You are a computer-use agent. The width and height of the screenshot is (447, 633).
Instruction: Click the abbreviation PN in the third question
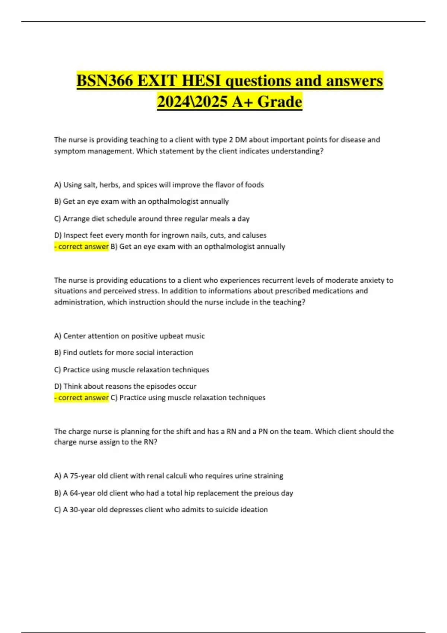[x=263, y=432]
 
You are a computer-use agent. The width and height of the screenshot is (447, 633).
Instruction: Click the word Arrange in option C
[x=76, y=219]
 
